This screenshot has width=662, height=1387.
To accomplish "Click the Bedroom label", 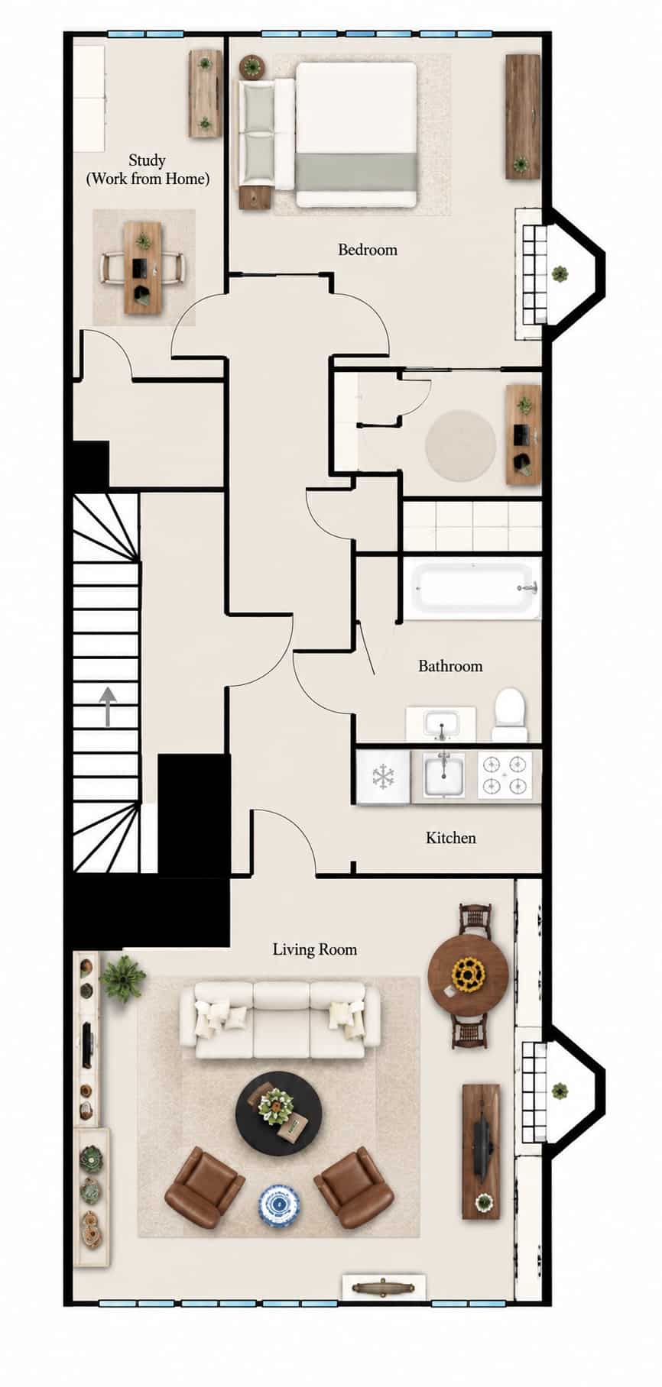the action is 368,250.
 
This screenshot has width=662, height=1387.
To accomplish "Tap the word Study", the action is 147,160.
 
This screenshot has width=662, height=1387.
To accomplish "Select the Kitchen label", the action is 451,838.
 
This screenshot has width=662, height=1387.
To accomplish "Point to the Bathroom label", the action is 450,666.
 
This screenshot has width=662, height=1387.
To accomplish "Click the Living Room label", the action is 315,949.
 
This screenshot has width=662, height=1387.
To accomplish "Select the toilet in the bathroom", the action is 508,715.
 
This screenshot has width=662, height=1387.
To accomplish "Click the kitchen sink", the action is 443,775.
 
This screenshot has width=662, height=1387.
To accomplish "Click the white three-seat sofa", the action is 280,1020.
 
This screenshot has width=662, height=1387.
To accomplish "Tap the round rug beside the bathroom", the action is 461,445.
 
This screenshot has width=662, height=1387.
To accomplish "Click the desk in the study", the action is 142,267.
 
